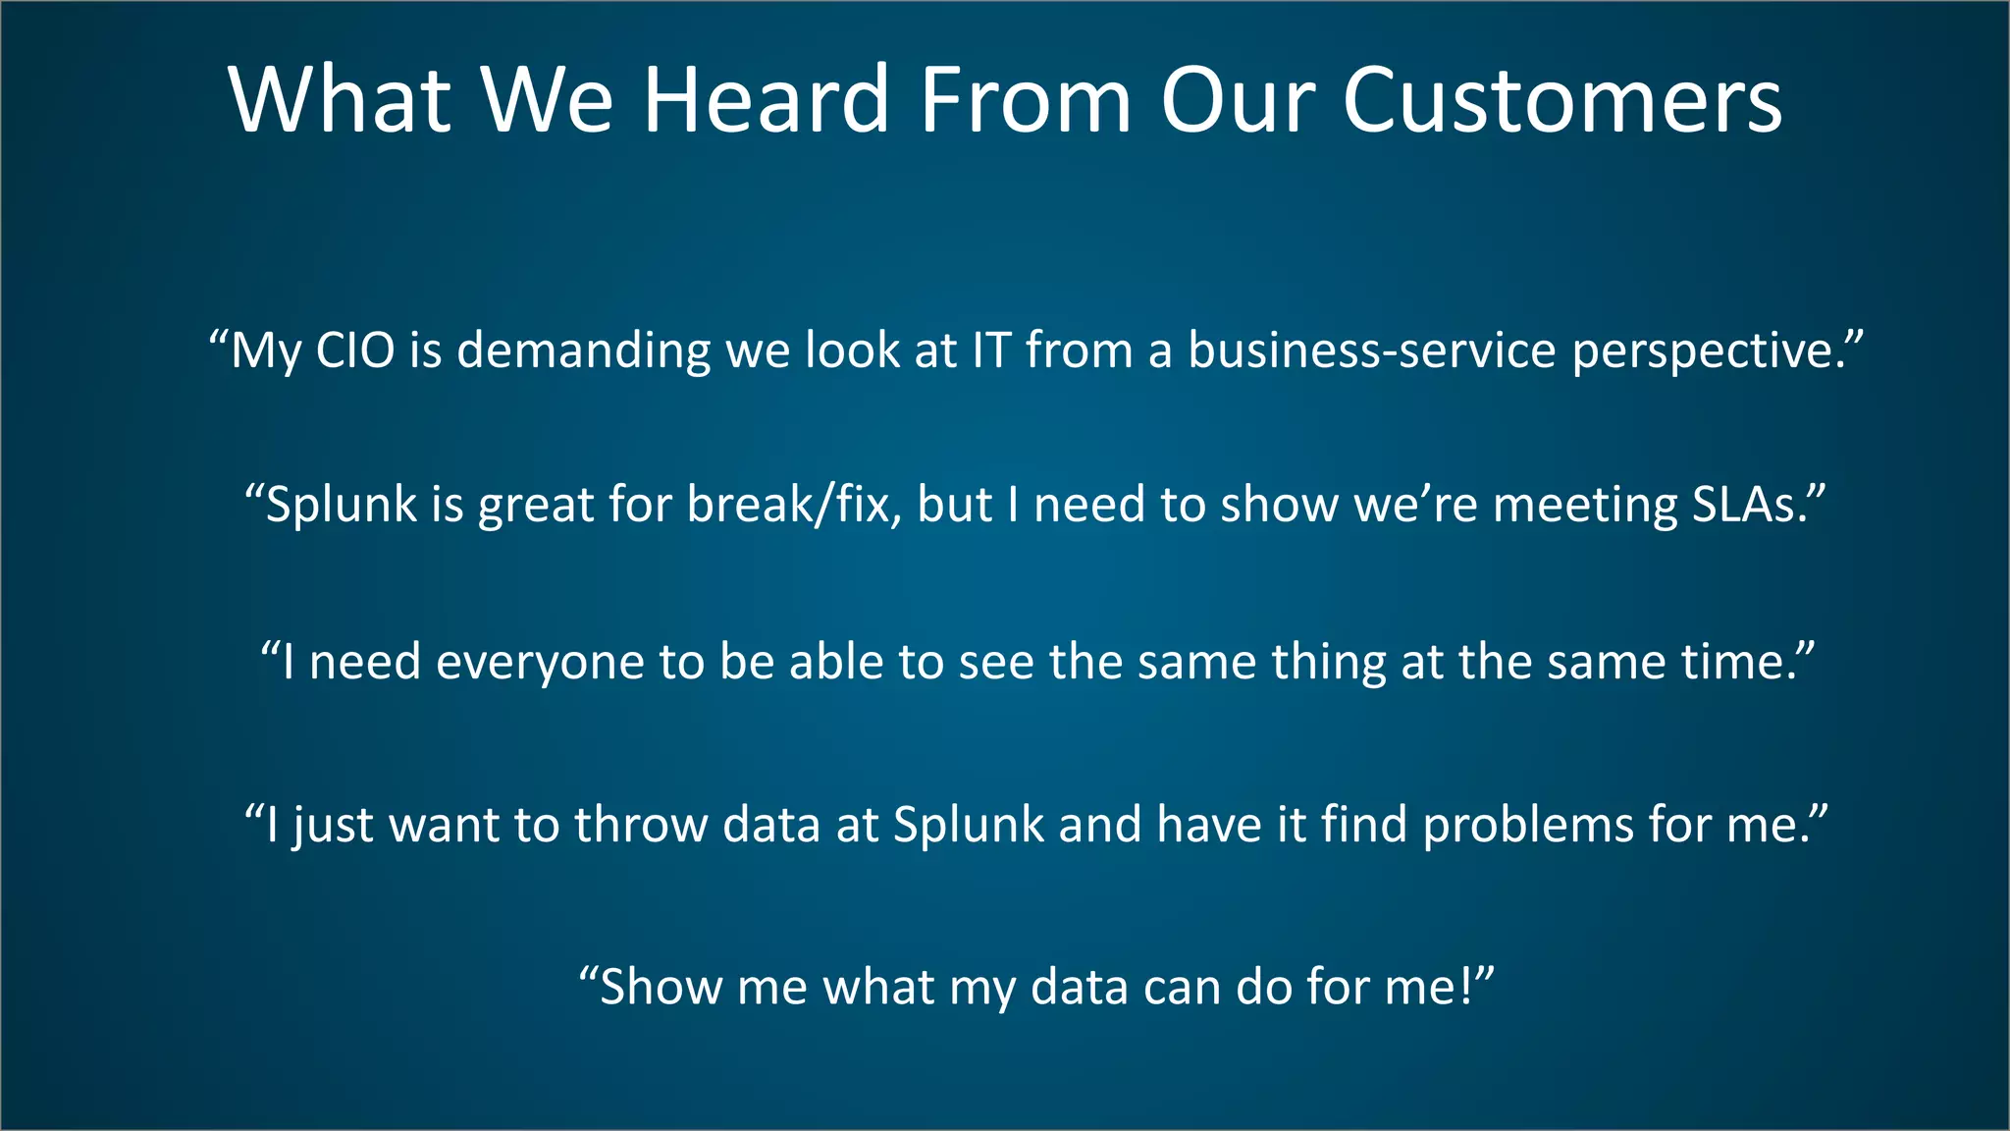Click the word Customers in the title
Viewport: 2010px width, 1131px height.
1560,100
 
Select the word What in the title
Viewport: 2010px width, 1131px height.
340,100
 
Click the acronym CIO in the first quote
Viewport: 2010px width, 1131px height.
355,350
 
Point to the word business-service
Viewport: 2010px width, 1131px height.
1372,350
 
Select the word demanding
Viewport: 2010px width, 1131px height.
583,351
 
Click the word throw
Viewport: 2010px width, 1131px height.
640,825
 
